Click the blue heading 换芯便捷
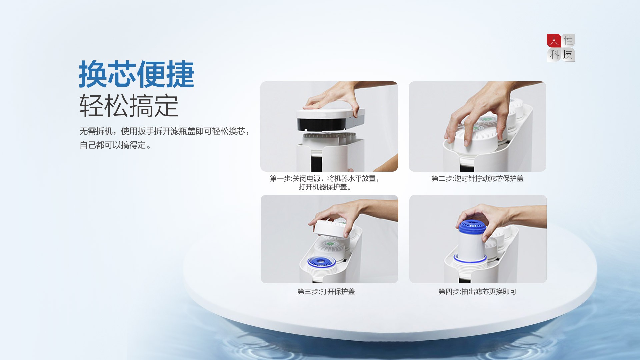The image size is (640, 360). [x=136, y=74]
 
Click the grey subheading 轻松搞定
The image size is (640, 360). [x=129, y=106]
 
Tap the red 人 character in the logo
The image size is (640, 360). [x=554, y=41]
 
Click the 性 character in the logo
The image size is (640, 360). [x=568, y=41]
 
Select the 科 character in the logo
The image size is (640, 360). [x=554, y=54]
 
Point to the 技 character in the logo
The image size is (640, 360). [x=568, y=54]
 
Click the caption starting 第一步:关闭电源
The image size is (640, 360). [x=324, y=179]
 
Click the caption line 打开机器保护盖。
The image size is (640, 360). [x=325, y=187]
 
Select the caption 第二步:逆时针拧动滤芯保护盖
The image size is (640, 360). [x=477, y=179]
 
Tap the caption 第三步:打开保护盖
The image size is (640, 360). [x=326, y=292]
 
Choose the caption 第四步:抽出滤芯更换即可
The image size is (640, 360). [x=477, y=292]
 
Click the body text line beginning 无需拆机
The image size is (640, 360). [x=165, y=131]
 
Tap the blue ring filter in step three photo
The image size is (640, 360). [x=321, y=262]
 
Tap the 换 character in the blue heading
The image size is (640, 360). [x=93, y=74]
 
